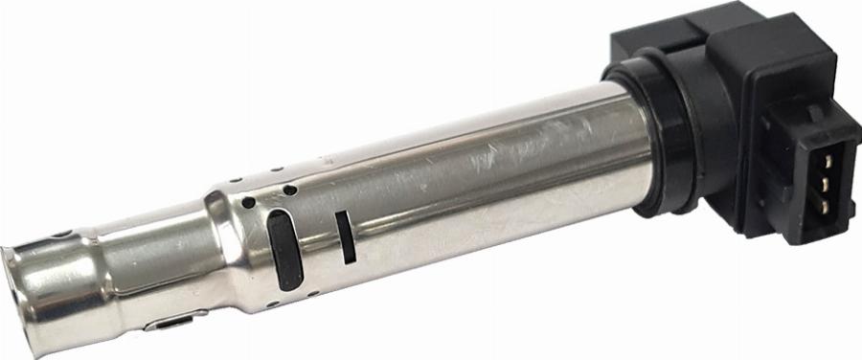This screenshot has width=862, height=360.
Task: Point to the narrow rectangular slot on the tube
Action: click(x=345, y=236)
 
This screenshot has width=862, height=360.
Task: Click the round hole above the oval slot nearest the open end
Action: click(x=249, y=203)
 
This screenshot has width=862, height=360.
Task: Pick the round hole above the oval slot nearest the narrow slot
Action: click(x=289, y=190)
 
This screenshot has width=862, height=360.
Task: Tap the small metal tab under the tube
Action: click(x=170, y=323)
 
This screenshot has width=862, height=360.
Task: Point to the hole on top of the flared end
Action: click(x=61, y=234)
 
